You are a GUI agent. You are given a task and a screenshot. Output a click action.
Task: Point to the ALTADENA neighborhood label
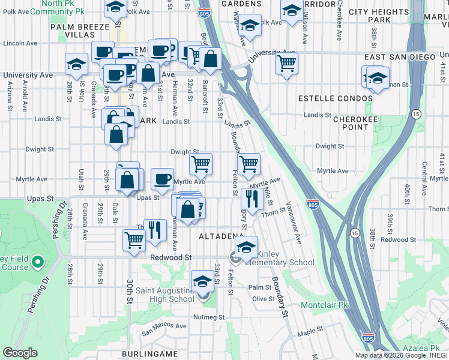click(x=220, y=236)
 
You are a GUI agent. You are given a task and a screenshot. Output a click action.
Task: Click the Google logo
click(x=20, y=353)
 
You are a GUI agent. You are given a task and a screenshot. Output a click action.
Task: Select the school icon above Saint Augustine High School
click(x=202, y=280)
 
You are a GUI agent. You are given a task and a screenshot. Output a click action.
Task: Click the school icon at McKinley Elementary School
click(x=246, y=246)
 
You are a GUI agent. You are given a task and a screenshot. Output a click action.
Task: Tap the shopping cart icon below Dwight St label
click(x=201, y=163)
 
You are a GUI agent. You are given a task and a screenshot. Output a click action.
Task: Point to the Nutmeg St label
click(x=208, y=317)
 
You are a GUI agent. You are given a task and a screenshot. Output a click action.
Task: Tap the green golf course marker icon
click(x=38, y=262)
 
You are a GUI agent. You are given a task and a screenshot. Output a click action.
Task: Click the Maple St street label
click(x=310, y=331)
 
